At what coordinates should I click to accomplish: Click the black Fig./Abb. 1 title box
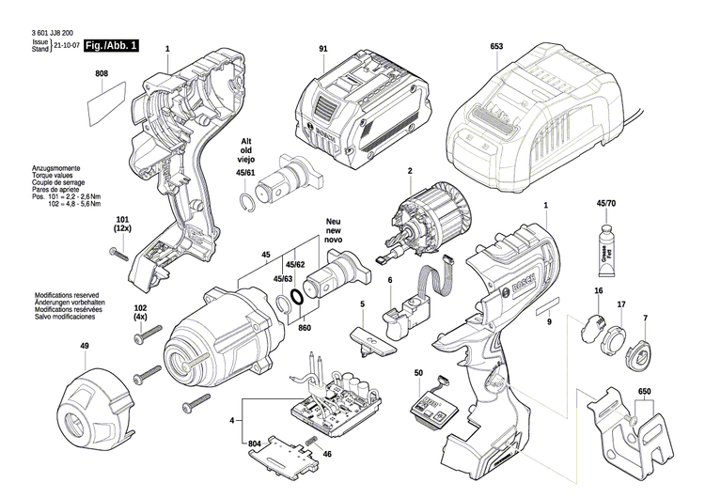click(112, 45)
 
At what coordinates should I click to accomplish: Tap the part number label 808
click(102, 73)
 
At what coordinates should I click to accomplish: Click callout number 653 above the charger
click(497, 46)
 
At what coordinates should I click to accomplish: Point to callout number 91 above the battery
click(323, 49)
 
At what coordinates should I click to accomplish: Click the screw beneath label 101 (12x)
click(119, 255)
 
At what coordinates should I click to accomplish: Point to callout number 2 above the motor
click(410, 171)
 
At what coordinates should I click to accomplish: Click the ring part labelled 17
click(615, 338)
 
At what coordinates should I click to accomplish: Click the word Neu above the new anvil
click(333, 222)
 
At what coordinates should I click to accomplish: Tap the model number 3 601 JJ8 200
click(53, 33)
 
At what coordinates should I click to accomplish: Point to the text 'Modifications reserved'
click(67, 296)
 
